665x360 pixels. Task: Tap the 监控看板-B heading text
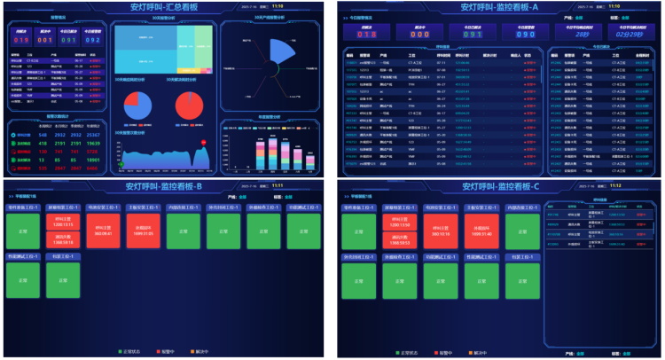click(164, 187)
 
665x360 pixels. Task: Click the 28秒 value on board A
click(583, 35)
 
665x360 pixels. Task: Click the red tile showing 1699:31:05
click(144, 230)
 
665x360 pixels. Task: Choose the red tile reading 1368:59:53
click(63, 239)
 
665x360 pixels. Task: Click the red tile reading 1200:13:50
click(63, 223)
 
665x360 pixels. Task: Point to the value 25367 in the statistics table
click(93, 136)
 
